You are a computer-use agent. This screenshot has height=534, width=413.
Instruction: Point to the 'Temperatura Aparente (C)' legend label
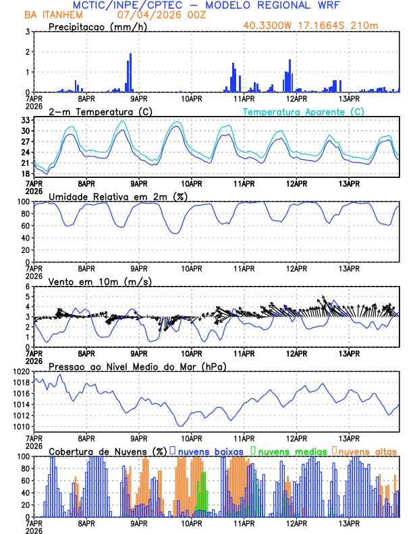coord(303,111)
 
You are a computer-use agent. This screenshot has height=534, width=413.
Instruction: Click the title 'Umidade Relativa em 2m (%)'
coord(118,196)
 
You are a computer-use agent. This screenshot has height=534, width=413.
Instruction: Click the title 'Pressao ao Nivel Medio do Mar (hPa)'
coord(137,366)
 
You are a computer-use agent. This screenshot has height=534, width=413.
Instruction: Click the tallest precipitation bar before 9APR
coord(130,73)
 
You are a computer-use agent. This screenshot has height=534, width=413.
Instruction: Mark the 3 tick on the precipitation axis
coord(27,32)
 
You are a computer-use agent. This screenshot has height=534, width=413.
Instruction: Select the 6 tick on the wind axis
coord(27,287)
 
